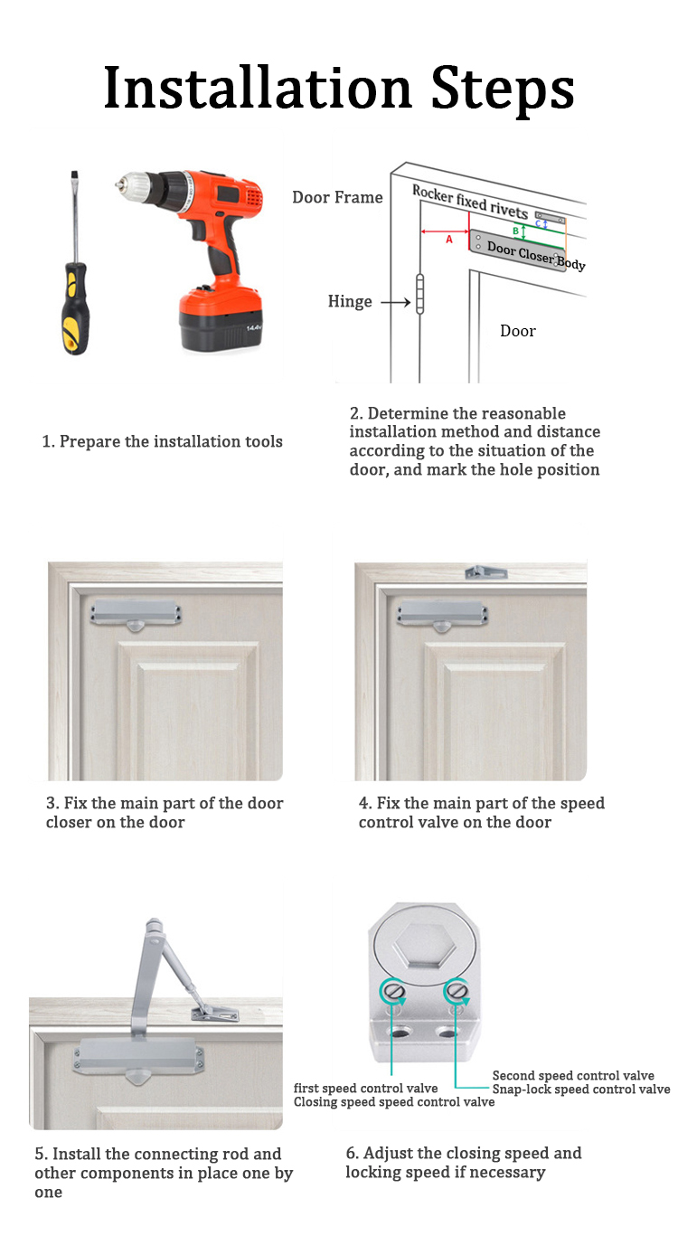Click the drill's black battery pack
pos(221,320)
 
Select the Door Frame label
pos(337,197)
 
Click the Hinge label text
pos(350,302)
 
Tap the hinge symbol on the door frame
pos(420,293)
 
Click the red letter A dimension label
pos(449,240)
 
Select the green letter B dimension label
pos(516,231)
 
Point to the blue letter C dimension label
pos(538,222)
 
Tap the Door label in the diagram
pos(518,331)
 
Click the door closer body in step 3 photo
pos(137,614)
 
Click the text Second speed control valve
pos(573,1076)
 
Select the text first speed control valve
pos(366,1089)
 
